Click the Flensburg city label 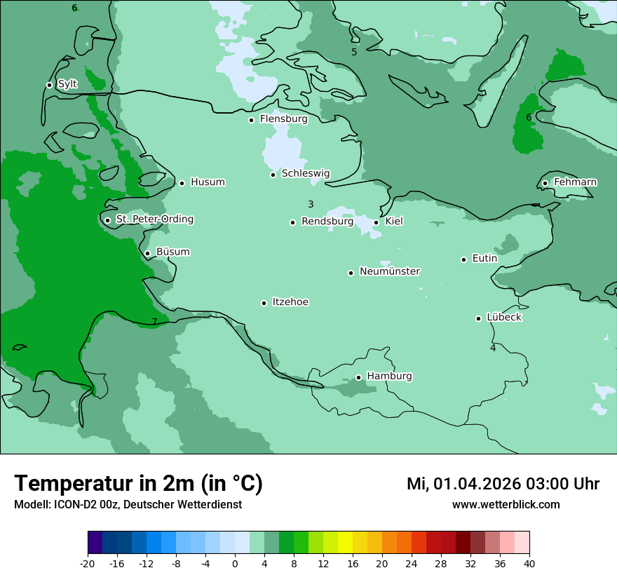pos(283,119)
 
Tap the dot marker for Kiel pos(377,222)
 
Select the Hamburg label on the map pos(389,376)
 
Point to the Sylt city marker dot pos(49,85)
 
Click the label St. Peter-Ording pos(154,219)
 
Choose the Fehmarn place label pos(575,182)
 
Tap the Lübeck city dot pos(478,318)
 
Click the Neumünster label pos(390,271)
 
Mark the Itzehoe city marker pos(264,303)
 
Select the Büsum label pos(172,252)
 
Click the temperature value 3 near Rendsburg pos(311,204)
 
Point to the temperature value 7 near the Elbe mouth pos(154,322)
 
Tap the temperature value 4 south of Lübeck pos(493,348)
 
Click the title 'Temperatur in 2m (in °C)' pos(138,484)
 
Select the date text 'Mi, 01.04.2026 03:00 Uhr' pos(503,484)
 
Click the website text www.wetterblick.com pos(506,504)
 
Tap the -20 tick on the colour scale pos(88,563)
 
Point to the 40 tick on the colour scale pos(529,563)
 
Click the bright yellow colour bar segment pos(345,543)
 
